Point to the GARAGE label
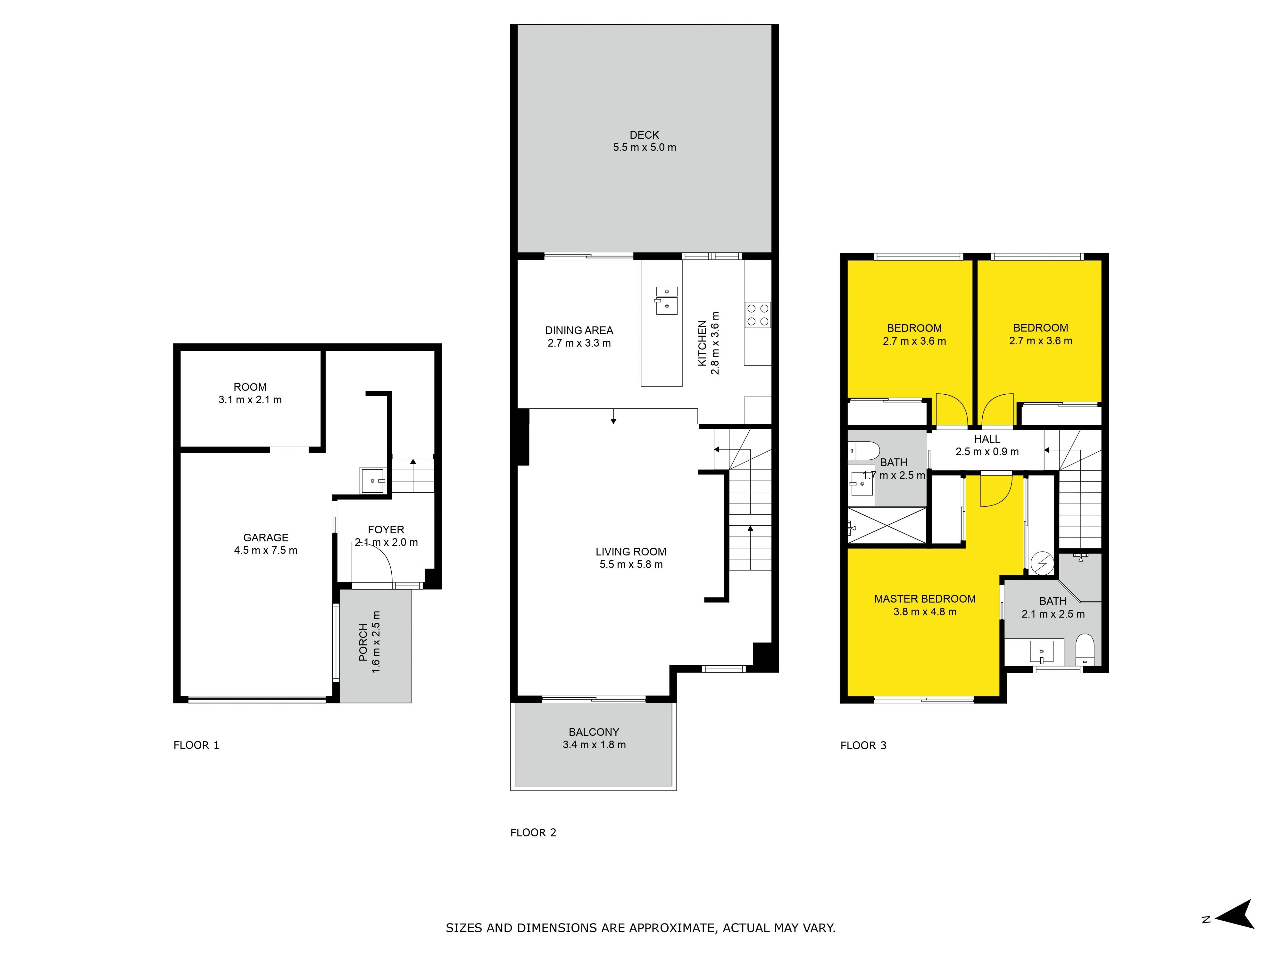pos(265,538)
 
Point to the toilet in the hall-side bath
pos(863,450)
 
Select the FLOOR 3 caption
pos(863,745)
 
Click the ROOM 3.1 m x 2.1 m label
pos(250,393)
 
